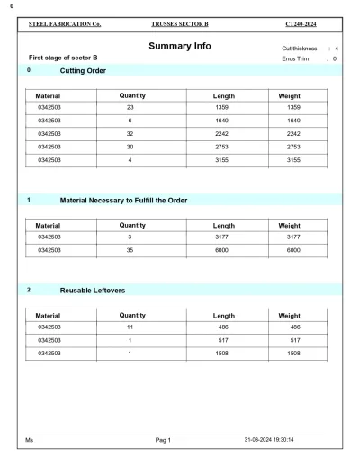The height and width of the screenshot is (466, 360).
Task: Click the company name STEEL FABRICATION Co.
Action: (66, 23)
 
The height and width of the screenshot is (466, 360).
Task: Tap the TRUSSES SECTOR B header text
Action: (179, 23)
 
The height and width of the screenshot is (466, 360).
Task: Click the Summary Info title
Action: (180, 46)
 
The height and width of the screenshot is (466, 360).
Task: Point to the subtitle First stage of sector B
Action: (63, 58)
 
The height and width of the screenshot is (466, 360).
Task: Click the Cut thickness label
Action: (300, 48)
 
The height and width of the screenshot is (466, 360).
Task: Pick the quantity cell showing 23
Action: (130, 107)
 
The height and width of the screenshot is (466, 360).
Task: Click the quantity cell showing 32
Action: (130, 133)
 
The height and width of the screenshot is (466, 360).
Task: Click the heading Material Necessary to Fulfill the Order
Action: (123, 199)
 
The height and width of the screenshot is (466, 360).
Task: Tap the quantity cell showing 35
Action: (130, 250)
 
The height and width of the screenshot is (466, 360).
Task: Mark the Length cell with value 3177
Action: (224, 237)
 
